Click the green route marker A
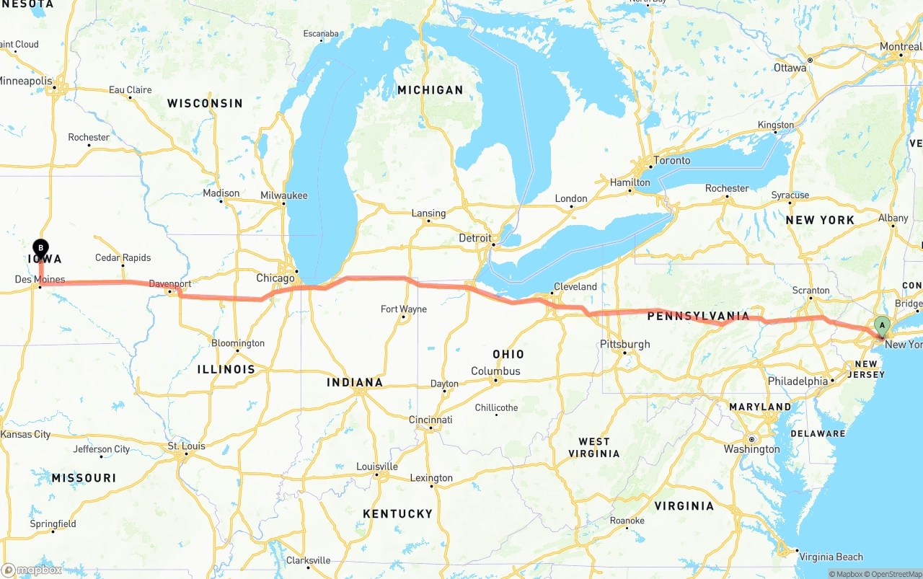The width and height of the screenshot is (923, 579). (881, 326)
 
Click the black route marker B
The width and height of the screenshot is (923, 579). (41, 248)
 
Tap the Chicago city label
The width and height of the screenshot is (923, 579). (275, 278)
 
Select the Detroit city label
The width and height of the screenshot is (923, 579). (475, 238)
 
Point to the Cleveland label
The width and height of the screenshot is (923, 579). (575, 286)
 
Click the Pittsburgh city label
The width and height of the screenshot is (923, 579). (625, 345)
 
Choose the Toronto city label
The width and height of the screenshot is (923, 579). (671, 161)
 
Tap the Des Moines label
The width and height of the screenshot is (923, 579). (40, 280)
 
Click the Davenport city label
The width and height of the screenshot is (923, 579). (170, 284)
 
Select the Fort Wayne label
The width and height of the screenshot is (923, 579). (404, 309)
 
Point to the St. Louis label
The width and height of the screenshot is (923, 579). (186, 446)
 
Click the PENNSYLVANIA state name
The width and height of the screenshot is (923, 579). (698, 316)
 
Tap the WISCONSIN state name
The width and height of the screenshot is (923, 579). (205, 103)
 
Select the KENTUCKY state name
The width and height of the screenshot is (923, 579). (397, 513)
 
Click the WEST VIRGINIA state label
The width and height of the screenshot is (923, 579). (599, 448)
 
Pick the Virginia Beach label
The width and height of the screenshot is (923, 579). (831, 557)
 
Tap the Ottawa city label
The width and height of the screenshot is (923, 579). (790, 68)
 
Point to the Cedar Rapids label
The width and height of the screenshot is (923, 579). (123, 258)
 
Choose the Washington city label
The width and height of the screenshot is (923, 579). (751, 449)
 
